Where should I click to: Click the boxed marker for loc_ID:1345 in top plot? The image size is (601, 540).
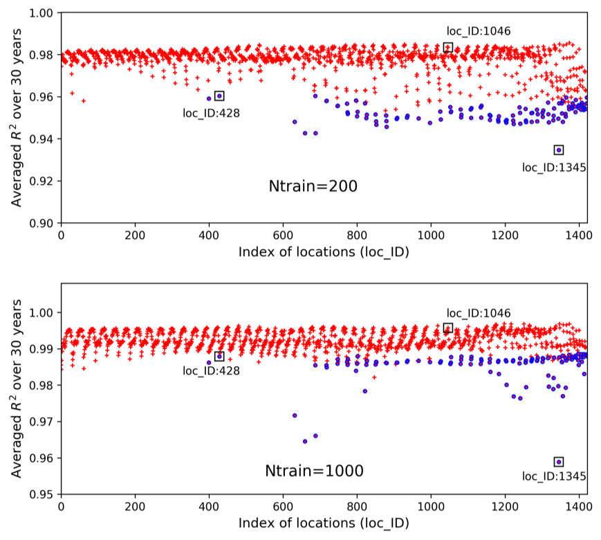(559, 150)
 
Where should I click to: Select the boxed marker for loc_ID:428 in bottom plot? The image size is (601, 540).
(219, 357)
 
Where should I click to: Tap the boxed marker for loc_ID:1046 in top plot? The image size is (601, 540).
(448, 48)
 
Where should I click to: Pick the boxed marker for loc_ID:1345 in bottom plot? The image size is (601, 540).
(559, 462)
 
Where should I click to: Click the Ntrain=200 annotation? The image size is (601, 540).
(313, 186)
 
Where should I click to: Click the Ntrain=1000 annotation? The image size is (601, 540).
(314, 471)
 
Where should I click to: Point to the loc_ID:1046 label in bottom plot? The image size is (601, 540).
(479, 313)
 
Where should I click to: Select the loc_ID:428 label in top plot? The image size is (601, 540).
(212, 113)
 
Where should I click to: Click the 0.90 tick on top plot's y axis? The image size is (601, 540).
(46, 224)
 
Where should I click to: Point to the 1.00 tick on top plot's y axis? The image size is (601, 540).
(46, 13)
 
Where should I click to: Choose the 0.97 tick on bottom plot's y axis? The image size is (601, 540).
(46, 422)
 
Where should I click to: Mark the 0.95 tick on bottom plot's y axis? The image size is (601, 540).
(46, 494)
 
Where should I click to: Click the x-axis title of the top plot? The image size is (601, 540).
(324, 251)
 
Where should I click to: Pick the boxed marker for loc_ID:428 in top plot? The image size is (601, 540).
(219, 96)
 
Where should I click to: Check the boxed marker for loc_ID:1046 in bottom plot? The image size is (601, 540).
(448, 328)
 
